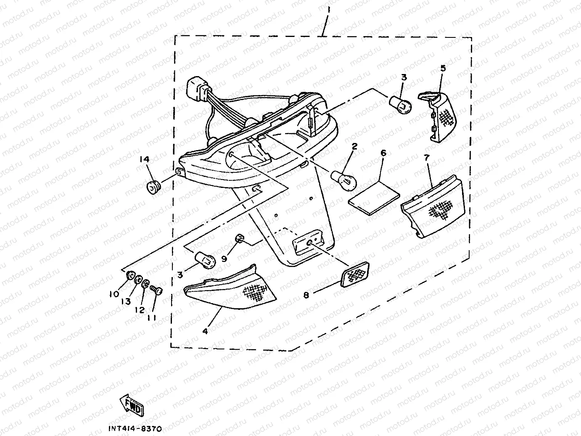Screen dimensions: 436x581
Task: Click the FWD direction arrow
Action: pyautogui.click(x=132, y=404)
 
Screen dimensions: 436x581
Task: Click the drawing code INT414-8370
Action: pyautogui.click(x=134, y=429)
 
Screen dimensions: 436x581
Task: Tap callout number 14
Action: pyautogui.click(x=145, y=159)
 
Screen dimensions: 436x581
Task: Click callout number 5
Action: pyautogui.click(x=443, y=68)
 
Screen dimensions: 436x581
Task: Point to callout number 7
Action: pyautogui.click(x=426, y=158)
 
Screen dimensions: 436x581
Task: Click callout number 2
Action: pyautogui.click(x=354, y=147)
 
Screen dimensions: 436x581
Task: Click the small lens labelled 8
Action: pyautogui.click(x=356, y=274)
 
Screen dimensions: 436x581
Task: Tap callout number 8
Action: pyautogui.click(x=306, y=295)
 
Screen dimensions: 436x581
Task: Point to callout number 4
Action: pyautogui.click(x=205, y=331)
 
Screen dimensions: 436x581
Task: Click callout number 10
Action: pyautogui.click(x=114, y=295)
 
